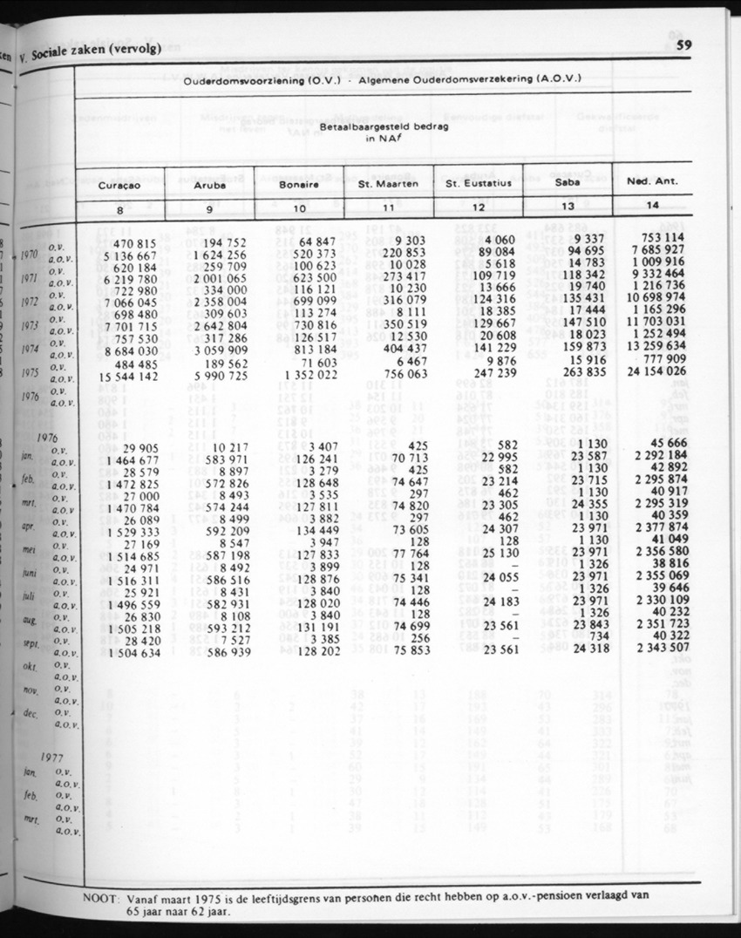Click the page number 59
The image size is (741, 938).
tap(683, 47)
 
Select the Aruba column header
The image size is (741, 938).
tap(210, 185)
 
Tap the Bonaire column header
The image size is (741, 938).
tap(298, 185)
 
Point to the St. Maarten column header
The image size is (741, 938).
tap(388, 185)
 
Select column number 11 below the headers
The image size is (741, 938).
tap(388, 208)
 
